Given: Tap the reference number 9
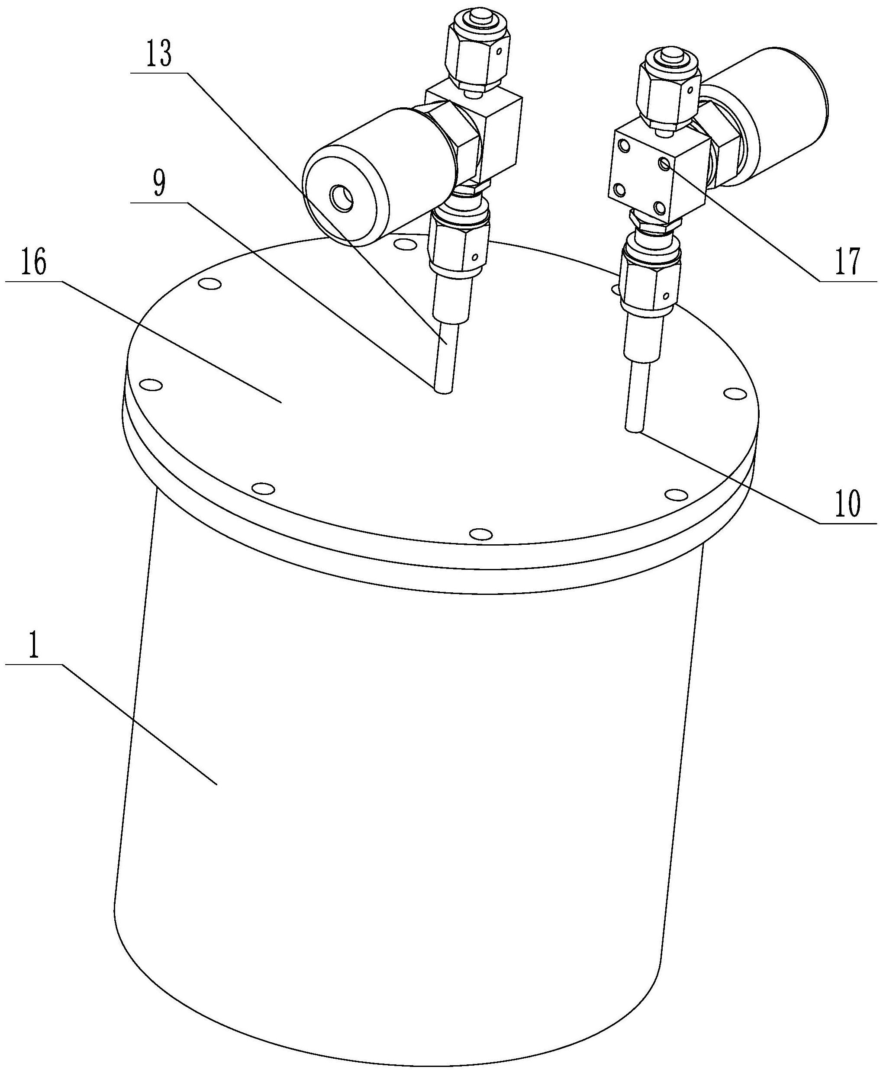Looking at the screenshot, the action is pyautogui.click(x=160, y=186).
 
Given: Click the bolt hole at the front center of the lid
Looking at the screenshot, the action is pyautogui.click(x=480, y=534).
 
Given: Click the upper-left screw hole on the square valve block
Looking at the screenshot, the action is pyautogui.click(x=622, y=148).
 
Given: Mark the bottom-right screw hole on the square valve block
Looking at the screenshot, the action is pyautogui.click(x=659, y=207).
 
